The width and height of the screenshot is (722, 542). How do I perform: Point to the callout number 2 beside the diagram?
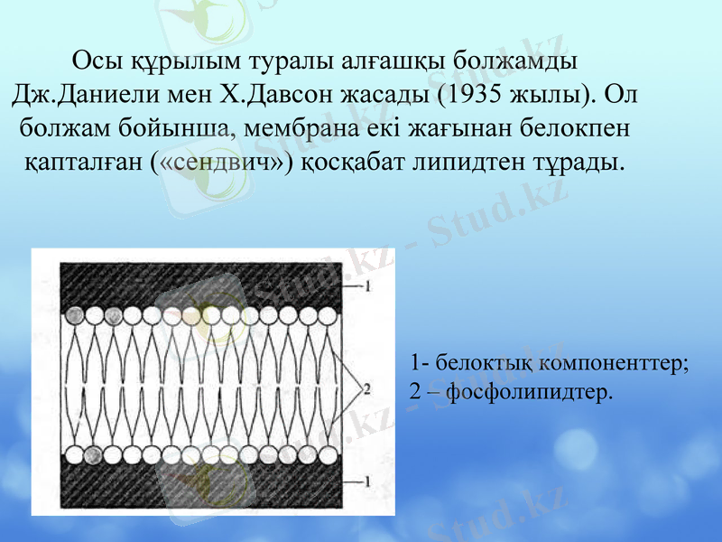[x=366, y=389]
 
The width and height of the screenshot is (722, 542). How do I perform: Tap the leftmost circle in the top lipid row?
[x=71, y=315]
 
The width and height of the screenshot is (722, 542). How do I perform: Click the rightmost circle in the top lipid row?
[x=330, y=315]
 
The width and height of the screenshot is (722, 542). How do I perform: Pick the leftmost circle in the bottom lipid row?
[x=71, y=453]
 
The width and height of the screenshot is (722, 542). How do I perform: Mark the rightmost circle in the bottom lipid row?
[x=330, y=453]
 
